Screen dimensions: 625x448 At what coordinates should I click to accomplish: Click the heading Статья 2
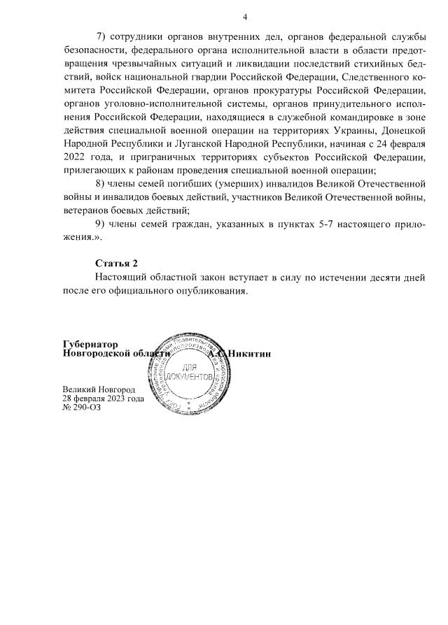117,263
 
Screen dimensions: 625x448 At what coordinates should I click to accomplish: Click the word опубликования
209,290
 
